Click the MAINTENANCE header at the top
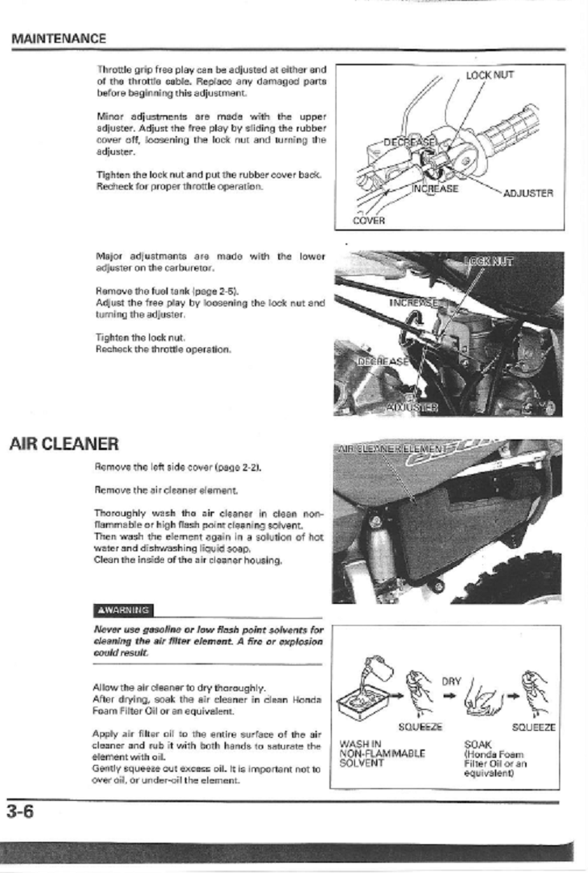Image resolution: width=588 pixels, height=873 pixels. [59, 38]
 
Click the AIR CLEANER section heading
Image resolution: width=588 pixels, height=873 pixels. [64, 445]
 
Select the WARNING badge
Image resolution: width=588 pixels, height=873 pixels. [124, 609]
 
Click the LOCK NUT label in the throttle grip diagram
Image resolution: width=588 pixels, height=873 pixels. [489, 75]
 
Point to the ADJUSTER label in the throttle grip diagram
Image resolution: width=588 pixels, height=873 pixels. [528, 193]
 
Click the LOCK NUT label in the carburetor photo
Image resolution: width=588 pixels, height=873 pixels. [489, 262]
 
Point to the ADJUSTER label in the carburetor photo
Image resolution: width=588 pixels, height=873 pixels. [412, 407]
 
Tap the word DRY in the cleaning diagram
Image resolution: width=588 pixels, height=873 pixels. [452, 681]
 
